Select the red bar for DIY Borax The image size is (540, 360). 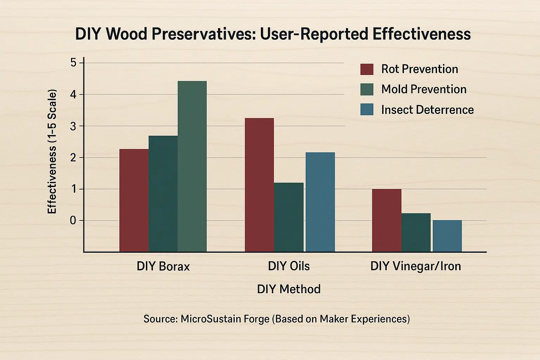[134, 200]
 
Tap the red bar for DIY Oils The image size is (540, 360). [259, 185]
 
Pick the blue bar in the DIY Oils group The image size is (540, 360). [320, 202]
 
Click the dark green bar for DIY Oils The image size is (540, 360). [289, 217]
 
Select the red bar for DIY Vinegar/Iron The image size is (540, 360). [387, 220]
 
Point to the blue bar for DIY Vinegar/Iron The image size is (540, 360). [447, 236]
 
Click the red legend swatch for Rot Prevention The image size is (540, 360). [367, 69]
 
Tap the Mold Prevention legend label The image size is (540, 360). [424, 89]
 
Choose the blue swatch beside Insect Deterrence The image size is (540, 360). [367, 109]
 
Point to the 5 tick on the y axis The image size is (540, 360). [73, 63]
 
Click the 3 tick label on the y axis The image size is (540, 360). [73, 126]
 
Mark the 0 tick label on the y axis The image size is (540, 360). [73, 220]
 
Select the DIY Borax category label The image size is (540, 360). [163, 266]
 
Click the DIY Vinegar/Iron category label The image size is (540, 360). [416, 266]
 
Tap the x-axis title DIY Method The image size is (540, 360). [289, 289]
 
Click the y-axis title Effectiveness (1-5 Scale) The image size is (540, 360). [52, 152]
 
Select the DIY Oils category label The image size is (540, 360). [289, 266]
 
